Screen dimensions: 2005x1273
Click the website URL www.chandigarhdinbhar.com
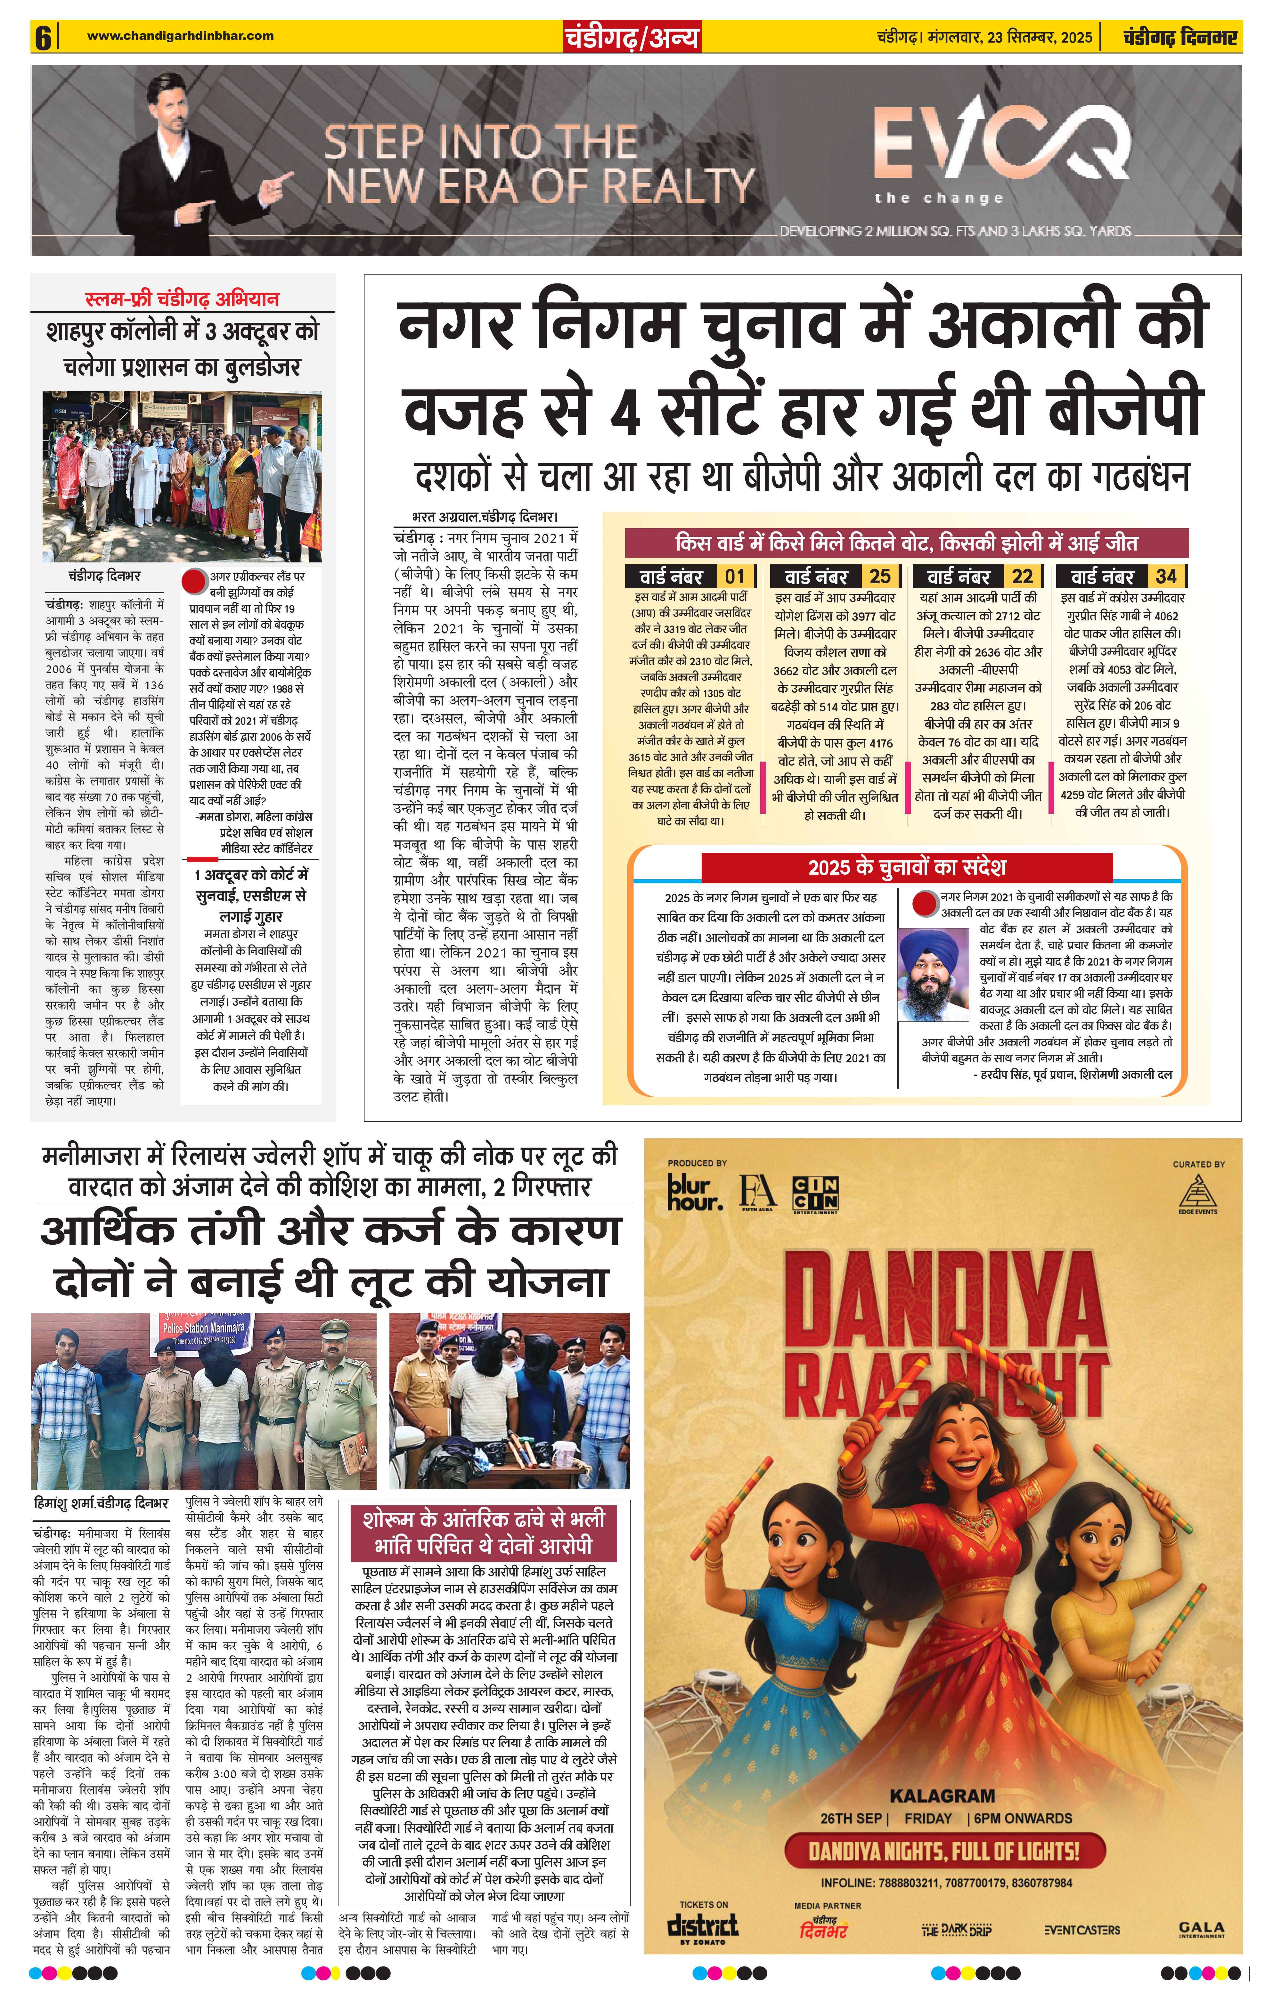180,36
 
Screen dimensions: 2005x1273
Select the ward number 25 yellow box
879,576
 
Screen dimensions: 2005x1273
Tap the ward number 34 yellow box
1166,576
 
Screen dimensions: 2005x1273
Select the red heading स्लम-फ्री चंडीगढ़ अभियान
182,299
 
